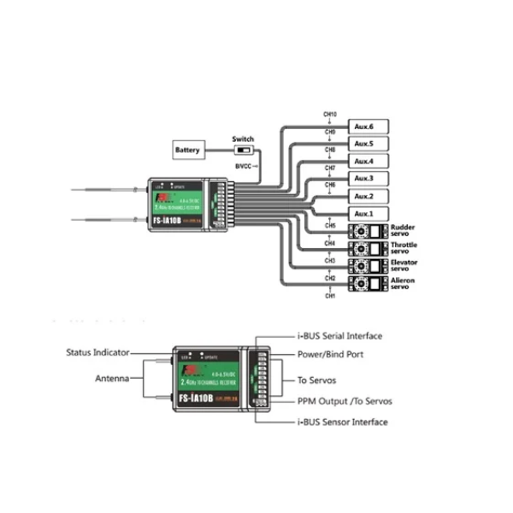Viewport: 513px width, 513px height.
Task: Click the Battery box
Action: (x=188, y=151)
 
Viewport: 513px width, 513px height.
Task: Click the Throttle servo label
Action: (x=404, y=249)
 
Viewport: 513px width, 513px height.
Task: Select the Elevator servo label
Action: (x=404, y=267)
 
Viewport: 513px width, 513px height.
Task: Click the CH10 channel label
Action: (x=329, y=114)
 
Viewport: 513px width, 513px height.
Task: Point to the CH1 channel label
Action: (x=329, y=296)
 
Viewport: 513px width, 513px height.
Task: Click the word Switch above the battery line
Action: (x=244, y=139)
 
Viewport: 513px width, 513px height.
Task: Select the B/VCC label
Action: (x=244, y=165)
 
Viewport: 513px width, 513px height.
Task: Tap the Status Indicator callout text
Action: (x=97, y=351)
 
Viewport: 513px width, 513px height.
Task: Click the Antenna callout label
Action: (x=112, y=378)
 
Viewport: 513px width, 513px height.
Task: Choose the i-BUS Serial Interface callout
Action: (x=339, y=336)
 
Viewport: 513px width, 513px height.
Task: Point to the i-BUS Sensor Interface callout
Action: (x=342, y=422)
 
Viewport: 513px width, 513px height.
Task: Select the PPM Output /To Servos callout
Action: (x=345, y=400)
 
